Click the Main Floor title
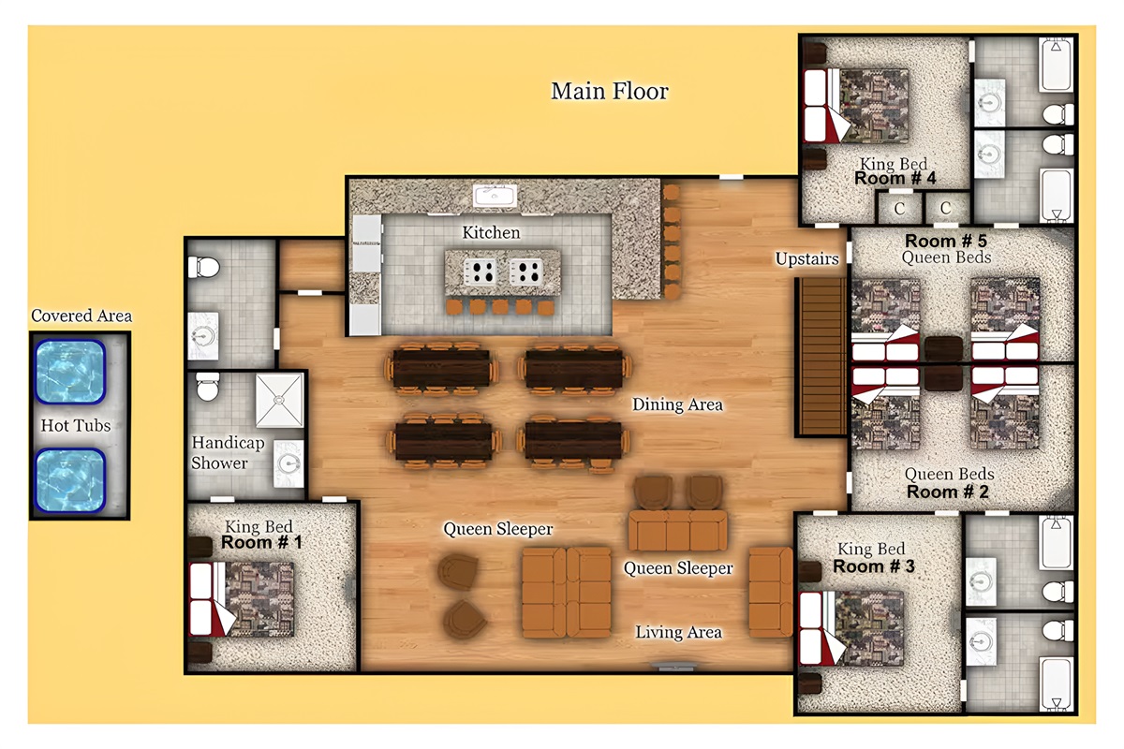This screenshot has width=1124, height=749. (x=610, y=91)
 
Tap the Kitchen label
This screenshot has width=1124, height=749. (x=491, y=232)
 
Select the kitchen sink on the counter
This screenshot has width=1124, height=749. (x=493, y=196)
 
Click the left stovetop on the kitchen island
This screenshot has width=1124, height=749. (x=481, y=272)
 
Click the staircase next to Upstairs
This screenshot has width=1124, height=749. (x=821, y=356)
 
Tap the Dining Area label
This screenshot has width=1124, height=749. (x=677, y=404)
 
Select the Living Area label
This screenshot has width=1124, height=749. (x=678, y=633)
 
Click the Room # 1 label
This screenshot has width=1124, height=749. (x=261, y=542)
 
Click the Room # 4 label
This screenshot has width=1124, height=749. (x=895, y=178)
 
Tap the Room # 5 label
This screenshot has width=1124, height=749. (x=947, y=241)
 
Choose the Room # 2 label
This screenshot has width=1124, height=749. (x=949, y=491)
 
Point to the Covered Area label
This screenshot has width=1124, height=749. (x=81, y=316)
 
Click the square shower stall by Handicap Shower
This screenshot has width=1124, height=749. (x=280, y=400)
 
